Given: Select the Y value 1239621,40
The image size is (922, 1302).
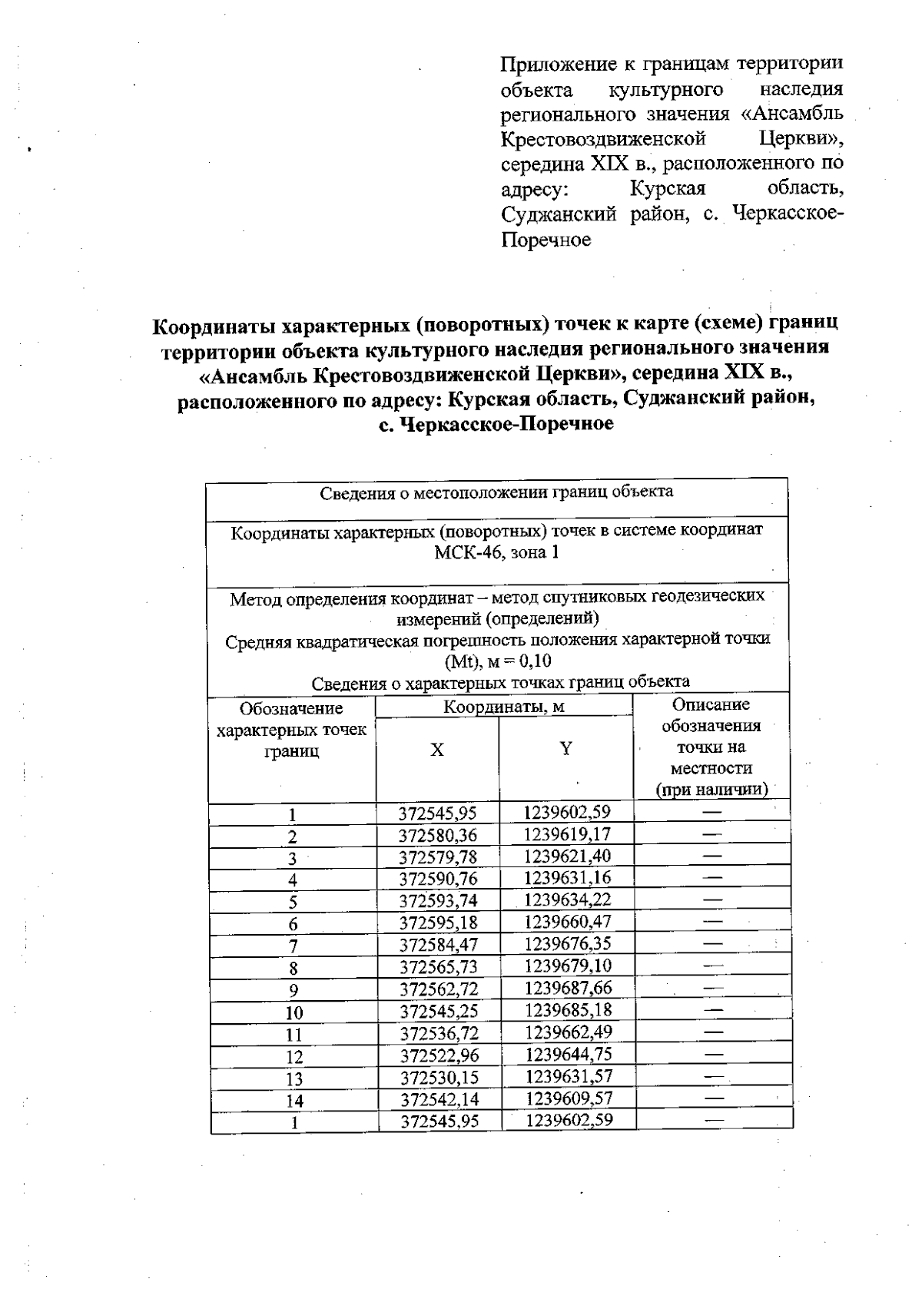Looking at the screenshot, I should point(567,856).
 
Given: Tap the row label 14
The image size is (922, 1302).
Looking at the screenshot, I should point(294,1101).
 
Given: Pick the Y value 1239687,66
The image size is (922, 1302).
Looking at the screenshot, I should point(568,988).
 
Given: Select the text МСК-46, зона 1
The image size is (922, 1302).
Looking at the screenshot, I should point(496,552).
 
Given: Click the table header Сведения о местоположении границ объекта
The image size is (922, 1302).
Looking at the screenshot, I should point(496,492).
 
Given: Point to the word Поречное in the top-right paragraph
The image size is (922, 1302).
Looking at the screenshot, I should point(546,240).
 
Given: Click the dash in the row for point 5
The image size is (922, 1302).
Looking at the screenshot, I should point(712,899).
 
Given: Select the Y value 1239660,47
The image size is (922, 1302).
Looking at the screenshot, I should point(568,921).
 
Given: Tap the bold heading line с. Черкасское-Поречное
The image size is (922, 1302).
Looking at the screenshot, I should point(496,424).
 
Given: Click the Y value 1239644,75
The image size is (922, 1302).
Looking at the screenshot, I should point(568,1054).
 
